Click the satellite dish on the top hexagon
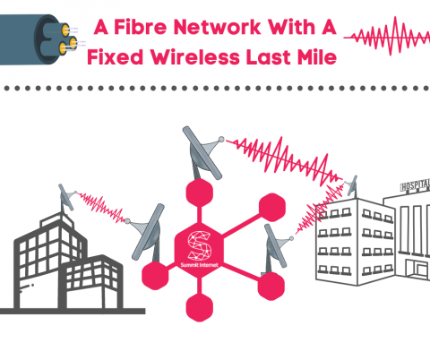pos(198,152)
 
